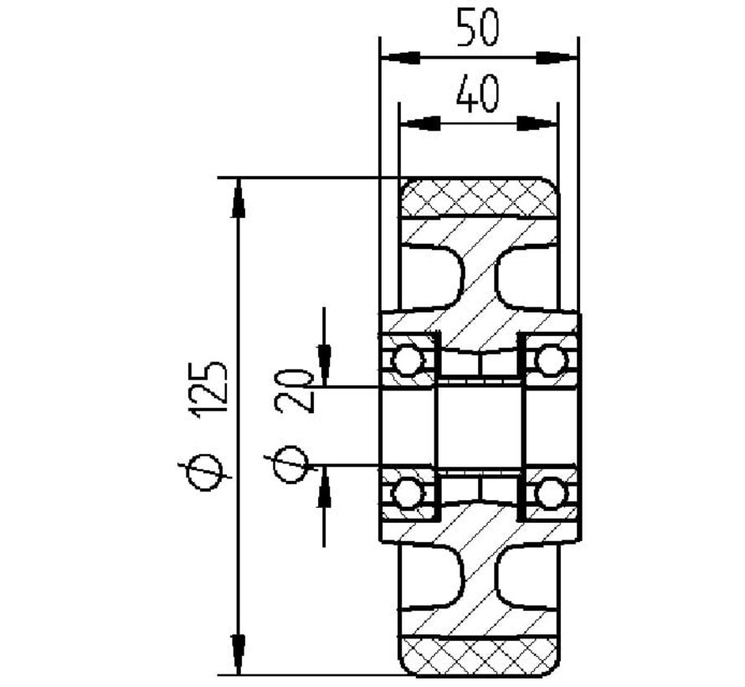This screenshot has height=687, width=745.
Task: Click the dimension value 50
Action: tap(478, 28)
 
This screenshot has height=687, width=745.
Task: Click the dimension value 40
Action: tap(478, 94)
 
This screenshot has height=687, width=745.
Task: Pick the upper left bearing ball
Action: tap(407, 361)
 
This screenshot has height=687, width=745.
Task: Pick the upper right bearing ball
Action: tap(549, 361)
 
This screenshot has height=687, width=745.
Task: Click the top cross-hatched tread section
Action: tap(478, 199)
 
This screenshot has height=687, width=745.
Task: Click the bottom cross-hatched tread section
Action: tap(478, 655)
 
